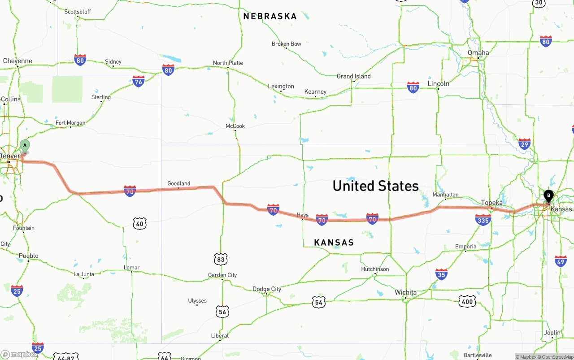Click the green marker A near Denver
(x=25, y=145)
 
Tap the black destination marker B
(x=548, y=196)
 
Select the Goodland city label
(x=178, y=183)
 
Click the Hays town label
(x=303, y=215)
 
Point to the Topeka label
(x=491, y=203)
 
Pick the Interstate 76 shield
(x=138, y=81)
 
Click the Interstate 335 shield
(x=483, y=220)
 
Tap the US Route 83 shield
(x=221, y=259)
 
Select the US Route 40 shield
(x=139, y=223)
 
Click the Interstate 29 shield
(x=524, y=143)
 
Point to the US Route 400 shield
(x=467, y=302)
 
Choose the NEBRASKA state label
(x=270, y=16)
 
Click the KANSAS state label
(x=334, y=243)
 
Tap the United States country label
(x=375, y=186)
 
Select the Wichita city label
(x=405, y=292)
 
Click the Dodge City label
(x=267, y=289)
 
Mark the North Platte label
(x=228, y=63)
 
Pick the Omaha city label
(x=478, y=52)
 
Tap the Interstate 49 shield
(x=561, y=261)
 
